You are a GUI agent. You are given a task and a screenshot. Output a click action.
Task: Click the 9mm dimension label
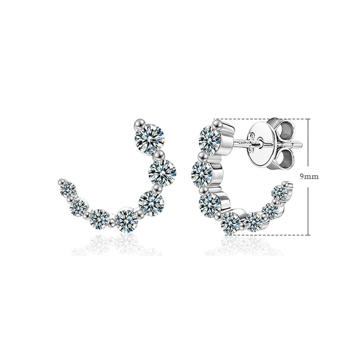click(309, 177)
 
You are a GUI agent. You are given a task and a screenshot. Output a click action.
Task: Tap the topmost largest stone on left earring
click(150, 139)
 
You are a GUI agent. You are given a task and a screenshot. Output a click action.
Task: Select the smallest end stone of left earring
click(68, 189)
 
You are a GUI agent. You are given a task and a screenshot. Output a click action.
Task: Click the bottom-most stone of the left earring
click(126, 221)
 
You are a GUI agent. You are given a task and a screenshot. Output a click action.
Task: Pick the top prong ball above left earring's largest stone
click(139, 125)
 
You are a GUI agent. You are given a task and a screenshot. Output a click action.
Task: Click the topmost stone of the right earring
click(209, 140)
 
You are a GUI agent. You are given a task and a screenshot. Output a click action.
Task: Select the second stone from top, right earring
click(202, 174)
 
